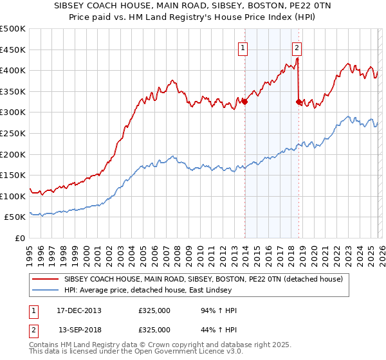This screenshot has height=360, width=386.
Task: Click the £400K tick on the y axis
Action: pyautogui.click(x=13, y=70)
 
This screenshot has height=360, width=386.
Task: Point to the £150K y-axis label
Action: pyautogui.click(x=13, y=175)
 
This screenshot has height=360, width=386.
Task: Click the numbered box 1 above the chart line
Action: pyautogui.click(x=243, y=47)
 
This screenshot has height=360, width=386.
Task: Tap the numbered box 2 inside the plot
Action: pyautogui.click(x=297, y=47)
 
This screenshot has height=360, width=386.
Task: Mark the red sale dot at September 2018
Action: pyautogui.click(x=299, y=102)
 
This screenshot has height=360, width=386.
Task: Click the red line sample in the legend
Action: pyautogui.click(x=46, y=279)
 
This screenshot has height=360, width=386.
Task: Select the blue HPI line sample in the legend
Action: pyautogui.click(x=46, y=291)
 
